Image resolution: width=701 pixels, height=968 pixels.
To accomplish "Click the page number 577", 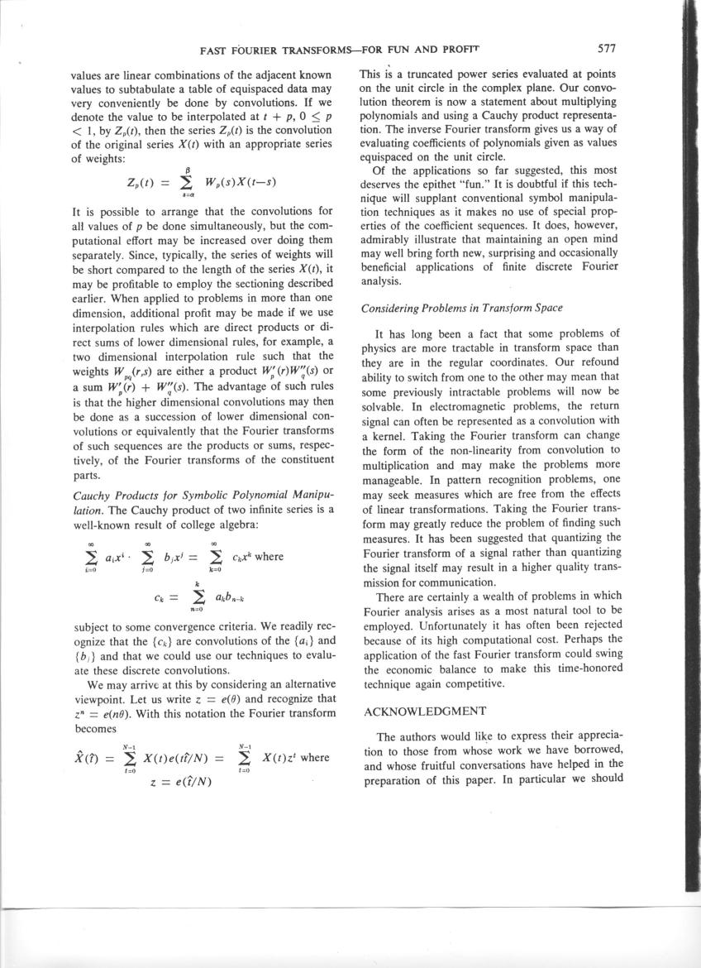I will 615,49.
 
